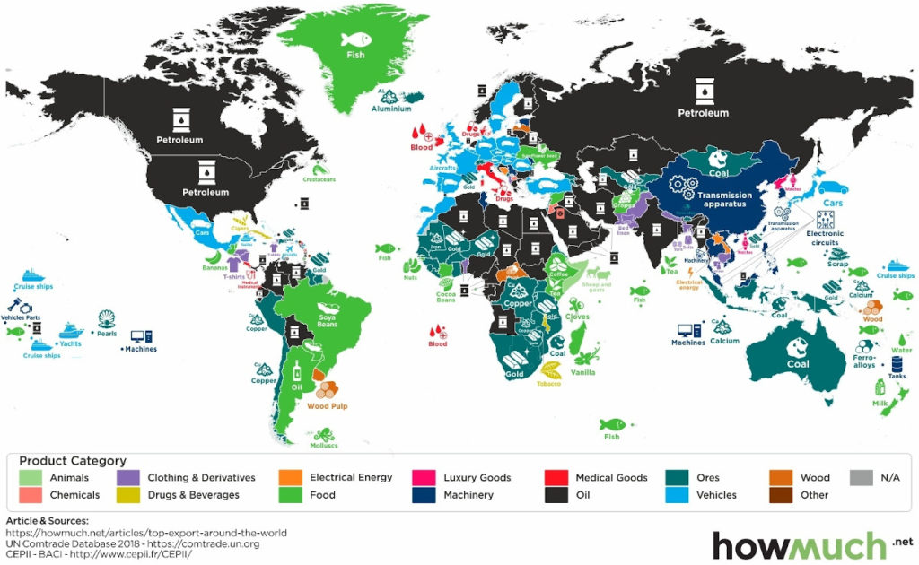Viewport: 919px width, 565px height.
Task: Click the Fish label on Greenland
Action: point(356,56)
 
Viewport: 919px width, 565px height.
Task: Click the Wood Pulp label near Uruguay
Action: point(327,406)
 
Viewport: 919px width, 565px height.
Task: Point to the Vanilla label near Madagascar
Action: point(583,371)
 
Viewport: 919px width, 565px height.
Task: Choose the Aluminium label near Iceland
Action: point(391,109)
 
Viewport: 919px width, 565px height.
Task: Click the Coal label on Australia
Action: point(798,364)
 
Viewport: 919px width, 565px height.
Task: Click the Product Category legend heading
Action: point(73,460)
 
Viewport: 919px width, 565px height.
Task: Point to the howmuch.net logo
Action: point(812,543)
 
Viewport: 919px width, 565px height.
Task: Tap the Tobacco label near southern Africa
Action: point(548,384)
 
